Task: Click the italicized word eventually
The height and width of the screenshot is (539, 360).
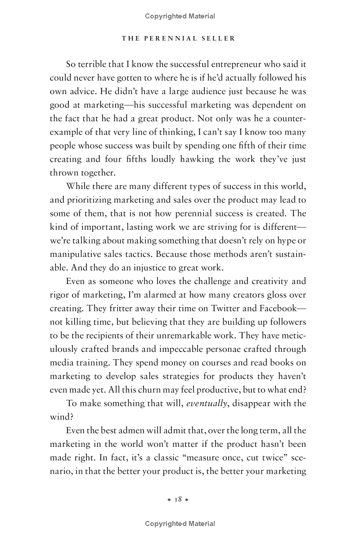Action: (x=207, y=403)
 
